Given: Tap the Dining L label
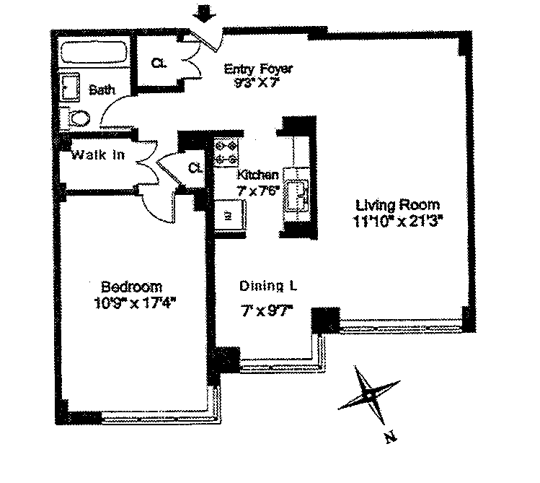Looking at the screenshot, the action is (x=267, y=287).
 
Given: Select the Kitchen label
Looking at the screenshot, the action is (x=257, y=175).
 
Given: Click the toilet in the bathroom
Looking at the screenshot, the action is (x=76, y=118).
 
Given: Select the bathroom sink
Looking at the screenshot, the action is (x=71, y=88).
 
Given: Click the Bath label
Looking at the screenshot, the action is (x=102, y=90).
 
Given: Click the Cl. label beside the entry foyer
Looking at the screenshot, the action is (x=159, y=63).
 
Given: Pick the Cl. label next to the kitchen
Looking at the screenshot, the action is (x=195, y=168).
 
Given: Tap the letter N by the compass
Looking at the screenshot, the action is (x=390, y=437).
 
